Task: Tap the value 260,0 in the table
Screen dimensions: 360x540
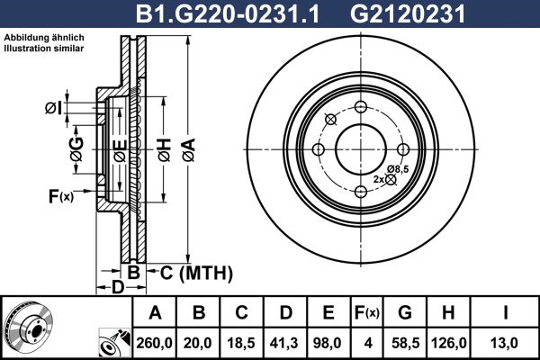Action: tap(155, 343)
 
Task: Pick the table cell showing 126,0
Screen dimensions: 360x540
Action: tap(451, 343)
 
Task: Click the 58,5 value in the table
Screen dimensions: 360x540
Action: tap(406, 343)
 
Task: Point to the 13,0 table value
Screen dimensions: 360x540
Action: tap(508, 343)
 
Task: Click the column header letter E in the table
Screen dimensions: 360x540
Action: tap(328, 313)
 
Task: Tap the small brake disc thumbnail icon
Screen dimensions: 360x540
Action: tap(27, 328)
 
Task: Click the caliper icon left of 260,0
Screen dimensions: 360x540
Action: tap(113, 343)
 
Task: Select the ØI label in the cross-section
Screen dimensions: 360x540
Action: tap(53, 109)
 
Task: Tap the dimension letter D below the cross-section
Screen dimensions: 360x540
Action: tap(116, 288)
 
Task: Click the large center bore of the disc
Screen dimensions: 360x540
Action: tap(360, 148)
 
